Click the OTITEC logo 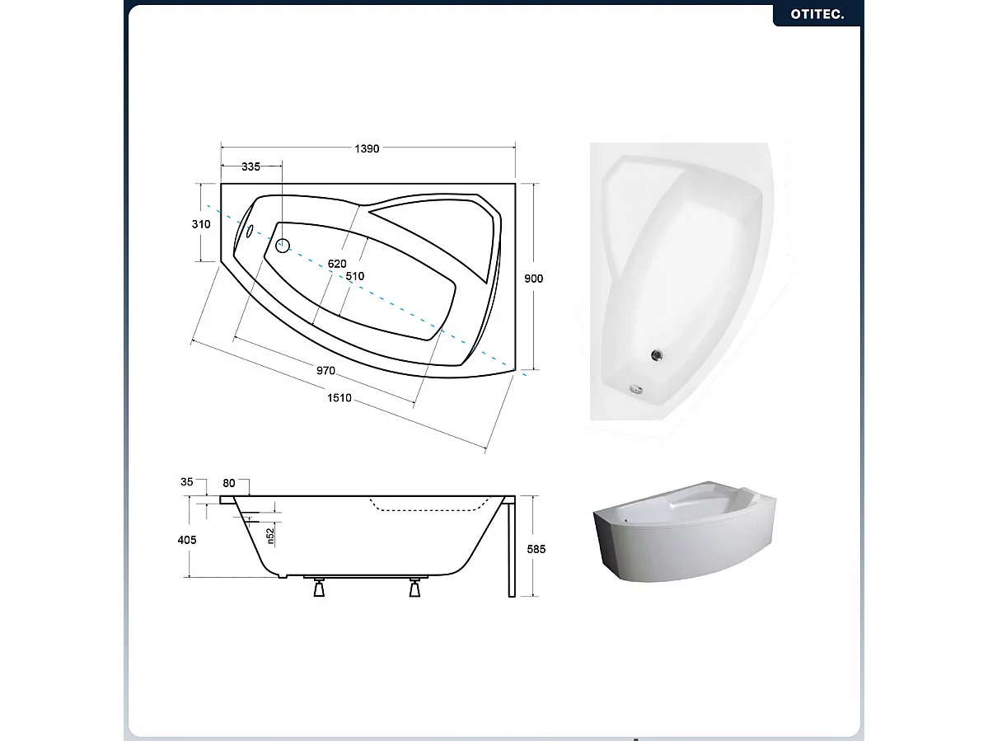point(817,14)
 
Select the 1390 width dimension point(367,148)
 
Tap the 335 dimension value point(251,166)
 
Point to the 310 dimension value point(201,223)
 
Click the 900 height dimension point(534,279)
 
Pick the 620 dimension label point(337,264)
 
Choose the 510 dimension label point(355,276)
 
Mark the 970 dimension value point(325,371)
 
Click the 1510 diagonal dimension point(339,397)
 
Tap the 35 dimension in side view point(186,481)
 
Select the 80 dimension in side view point(229,483)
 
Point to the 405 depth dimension point(187,539)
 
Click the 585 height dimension point(536,549)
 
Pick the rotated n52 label point(270,536)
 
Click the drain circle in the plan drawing point(283,246)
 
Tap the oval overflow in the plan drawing point(250,232)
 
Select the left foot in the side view point(320,588)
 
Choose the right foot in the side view point(414,588)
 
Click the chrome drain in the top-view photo point(657,355)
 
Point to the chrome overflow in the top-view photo point(636,390)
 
